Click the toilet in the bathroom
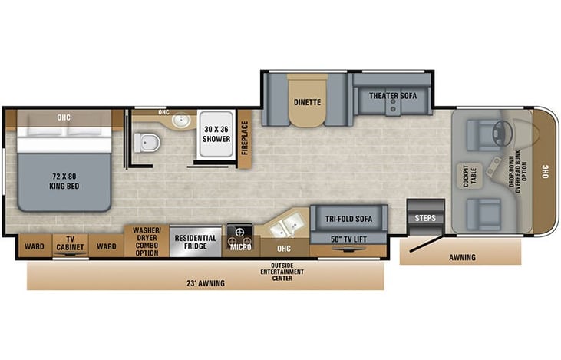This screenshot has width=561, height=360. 147,143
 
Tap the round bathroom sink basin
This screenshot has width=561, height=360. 181,120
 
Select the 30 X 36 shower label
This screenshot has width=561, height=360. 216,134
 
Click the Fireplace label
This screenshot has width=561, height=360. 245,137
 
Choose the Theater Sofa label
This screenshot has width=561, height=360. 393,96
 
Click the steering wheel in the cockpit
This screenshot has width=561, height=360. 500,133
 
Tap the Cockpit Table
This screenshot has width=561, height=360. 470,176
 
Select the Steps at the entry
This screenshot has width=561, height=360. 425,217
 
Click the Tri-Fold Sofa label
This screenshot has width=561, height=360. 349,219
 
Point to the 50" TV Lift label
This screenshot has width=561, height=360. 349,239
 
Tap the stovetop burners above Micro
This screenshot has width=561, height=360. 239,235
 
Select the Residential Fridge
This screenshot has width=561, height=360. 196,242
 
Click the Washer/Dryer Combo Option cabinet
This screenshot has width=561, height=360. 147,241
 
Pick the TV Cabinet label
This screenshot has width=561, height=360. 70,243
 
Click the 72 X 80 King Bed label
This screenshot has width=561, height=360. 64,181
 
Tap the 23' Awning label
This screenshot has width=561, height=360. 206,283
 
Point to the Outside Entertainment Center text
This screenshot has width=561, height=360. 282,272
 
